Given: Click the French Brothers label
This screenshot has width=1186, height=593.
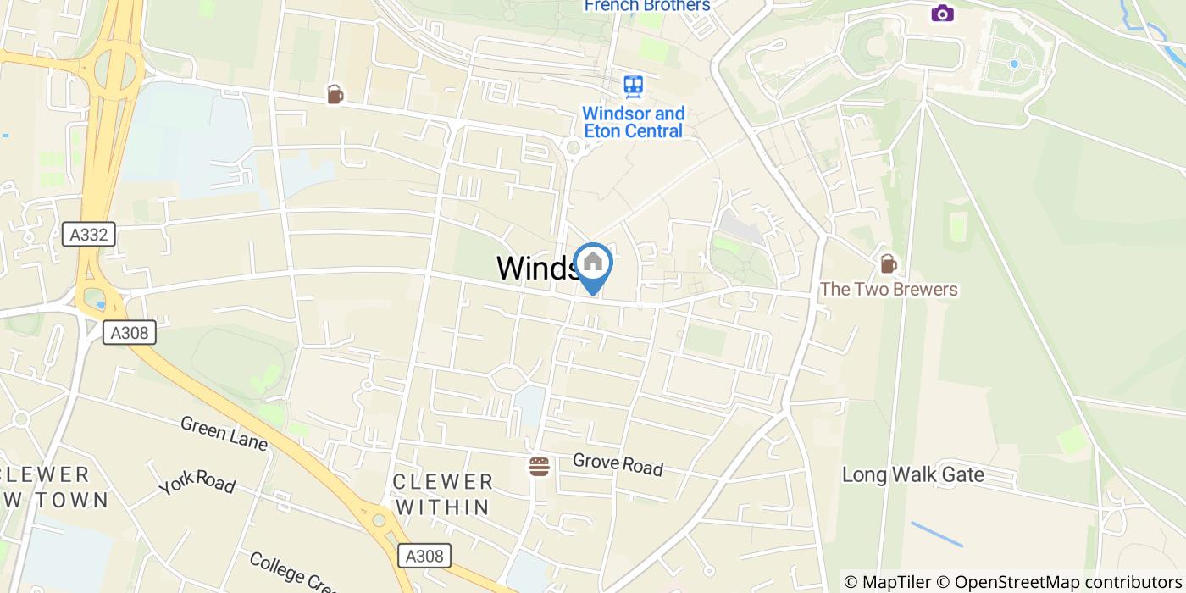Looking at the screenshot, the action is point(646,6).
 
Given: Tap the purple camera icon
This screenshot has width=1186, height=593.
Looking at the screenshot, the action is point(942,13).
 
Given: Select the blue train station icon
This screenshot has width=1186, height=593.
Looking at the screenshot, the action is point(633,86).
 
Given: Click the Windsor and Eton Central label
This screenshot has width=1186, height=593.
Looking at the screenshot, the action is point(633,122).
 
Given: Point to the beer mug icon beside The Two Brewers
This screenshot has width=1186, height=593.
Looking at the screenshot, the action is point(888,264).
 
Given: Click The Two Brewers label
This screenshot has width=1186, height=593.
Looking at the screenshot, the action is point(888,290).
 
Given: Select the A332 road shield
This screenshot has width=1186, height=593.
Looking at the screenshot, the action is point(89,235).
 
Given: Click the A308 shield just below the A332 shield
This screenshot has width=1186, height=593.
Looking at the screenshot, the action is point(130,333).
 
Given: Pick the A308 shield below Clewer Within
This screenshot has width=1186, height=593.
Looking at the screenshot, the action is point(424,556).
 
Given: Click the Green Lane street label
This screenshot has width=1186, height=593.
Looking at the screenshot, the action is point(224,432).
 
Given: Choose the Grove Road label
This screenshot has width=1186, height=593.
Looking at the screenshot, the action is point(618,463).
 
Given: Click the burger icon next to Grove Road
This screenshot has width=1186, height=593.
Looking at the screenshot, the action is point(539,466).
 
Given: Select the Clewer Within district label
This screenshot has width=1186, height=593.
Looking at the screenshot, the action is point(443,495).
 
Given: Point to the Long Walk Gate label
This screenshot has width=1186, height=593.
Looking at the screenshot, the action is point(912,474).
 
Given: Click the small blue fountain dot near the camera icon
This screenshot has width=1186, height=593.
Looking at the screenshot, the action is point(1014,64).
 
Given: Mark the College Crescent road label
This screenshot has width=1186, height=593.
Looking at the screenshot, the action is point(293,573).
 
